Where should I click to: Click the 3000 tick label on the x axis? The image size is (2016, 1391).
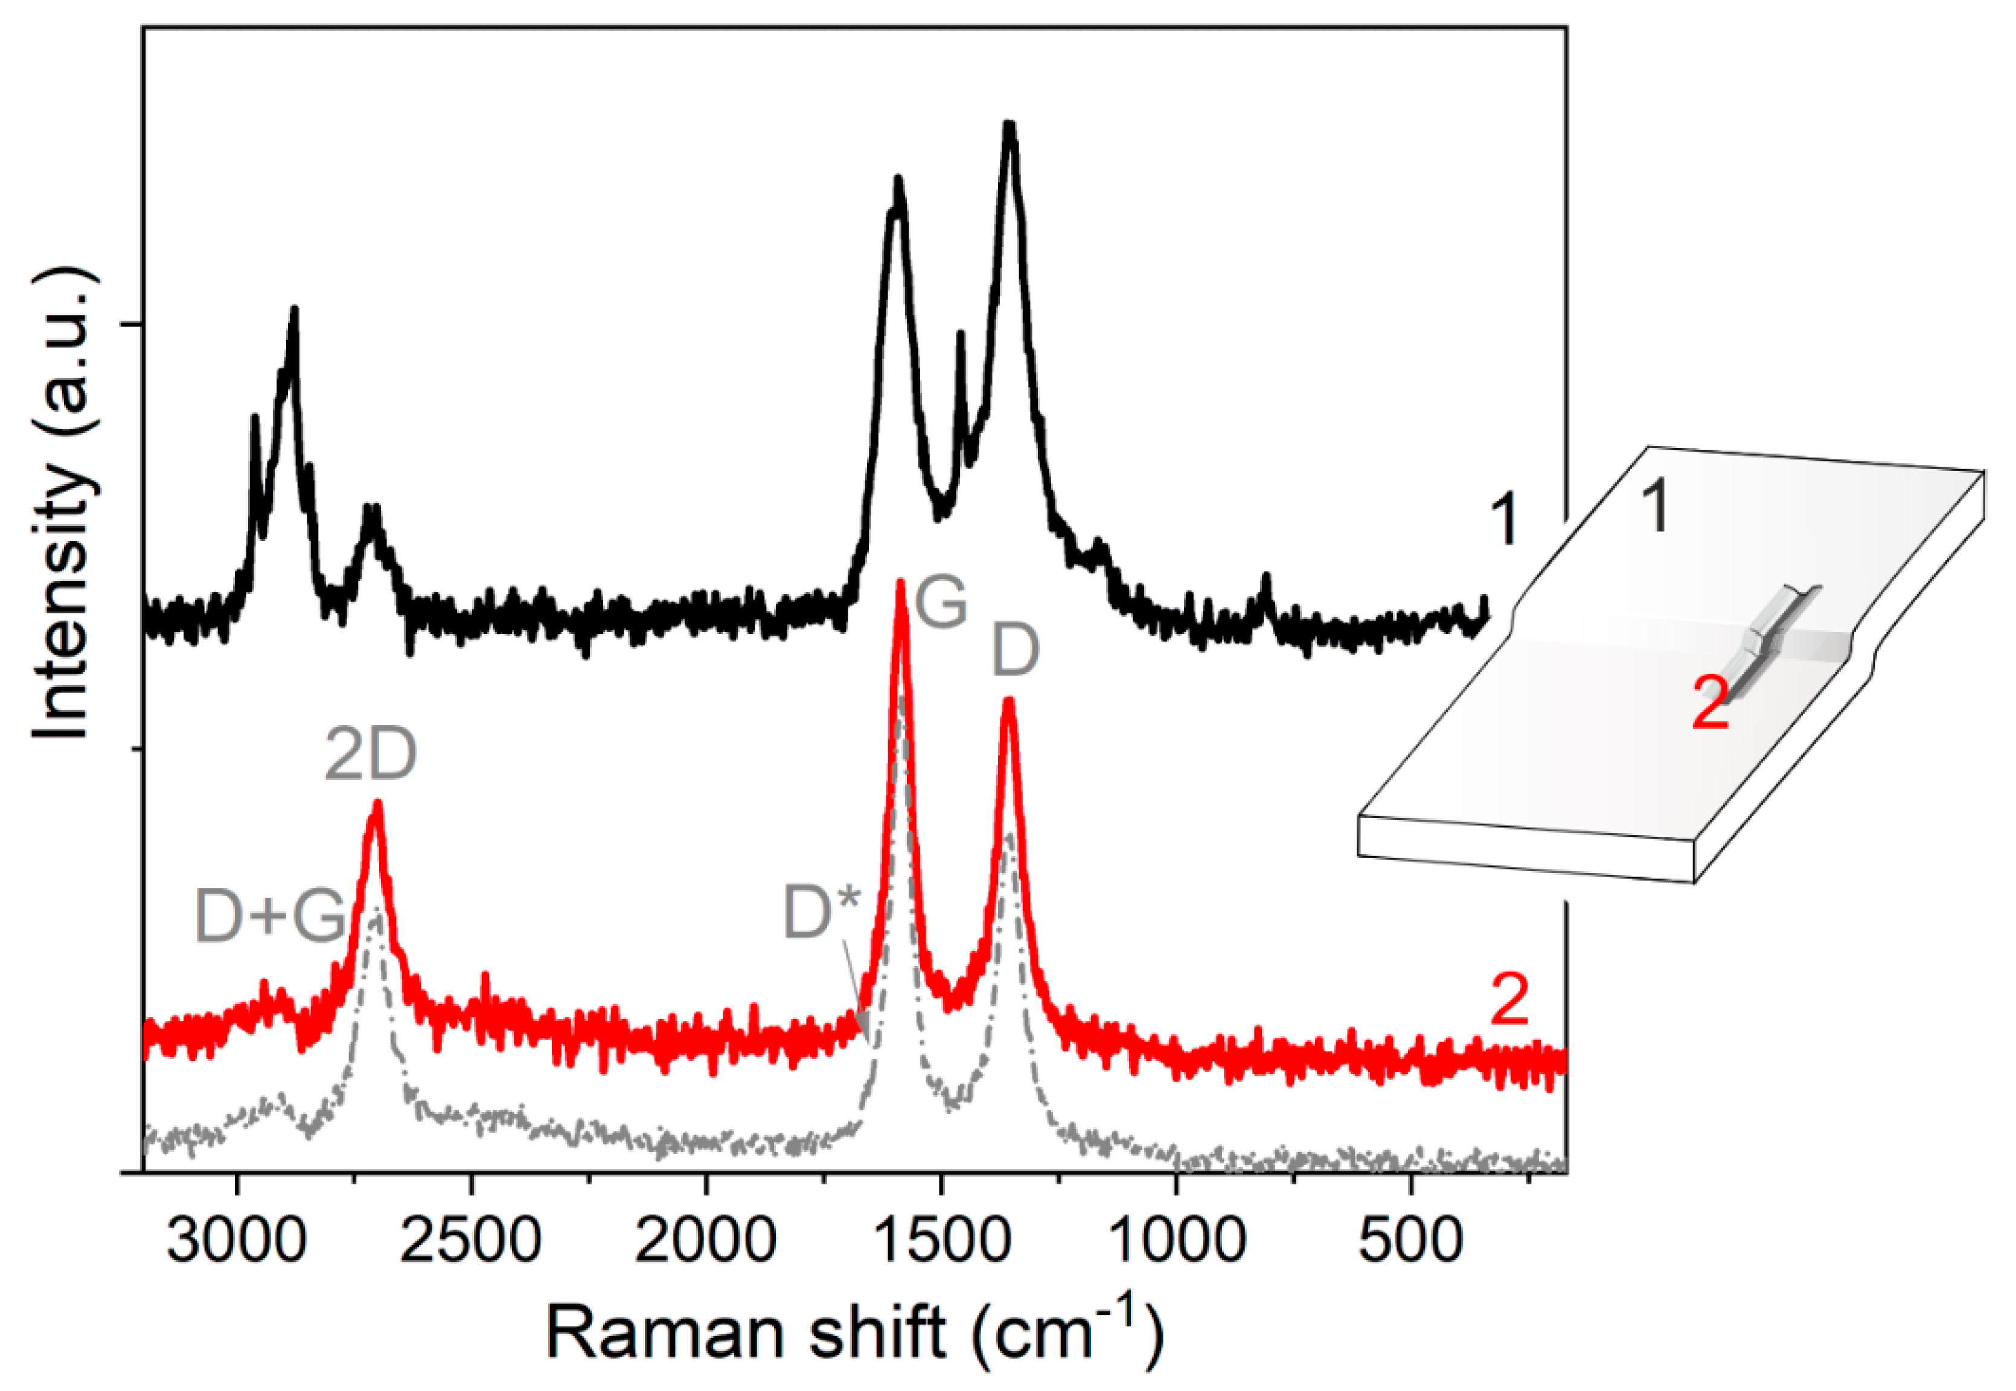[x=236, y=1240]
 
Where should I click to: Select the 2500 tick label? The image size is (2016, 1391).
[x=471, y=1240]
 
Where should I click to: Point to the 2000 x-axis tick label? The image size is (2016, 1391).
[x=705, y=1240]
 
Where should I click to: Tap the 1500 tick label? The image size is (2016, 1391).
[x=941, y=1240]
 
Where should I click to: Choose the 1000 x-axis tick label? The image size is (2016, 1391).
[x=1177, y=1240]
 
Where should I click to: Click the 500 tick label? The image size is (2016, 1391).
[x=1410, y=1240]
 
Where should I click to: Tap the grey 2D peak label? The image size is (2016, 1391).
[x=371, y=755]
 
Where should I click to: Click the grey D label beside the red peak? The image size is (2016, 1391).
[x=1016, y=650]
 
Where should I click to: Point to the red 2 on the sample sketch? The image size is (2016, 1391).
[x=1710, y=704]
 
